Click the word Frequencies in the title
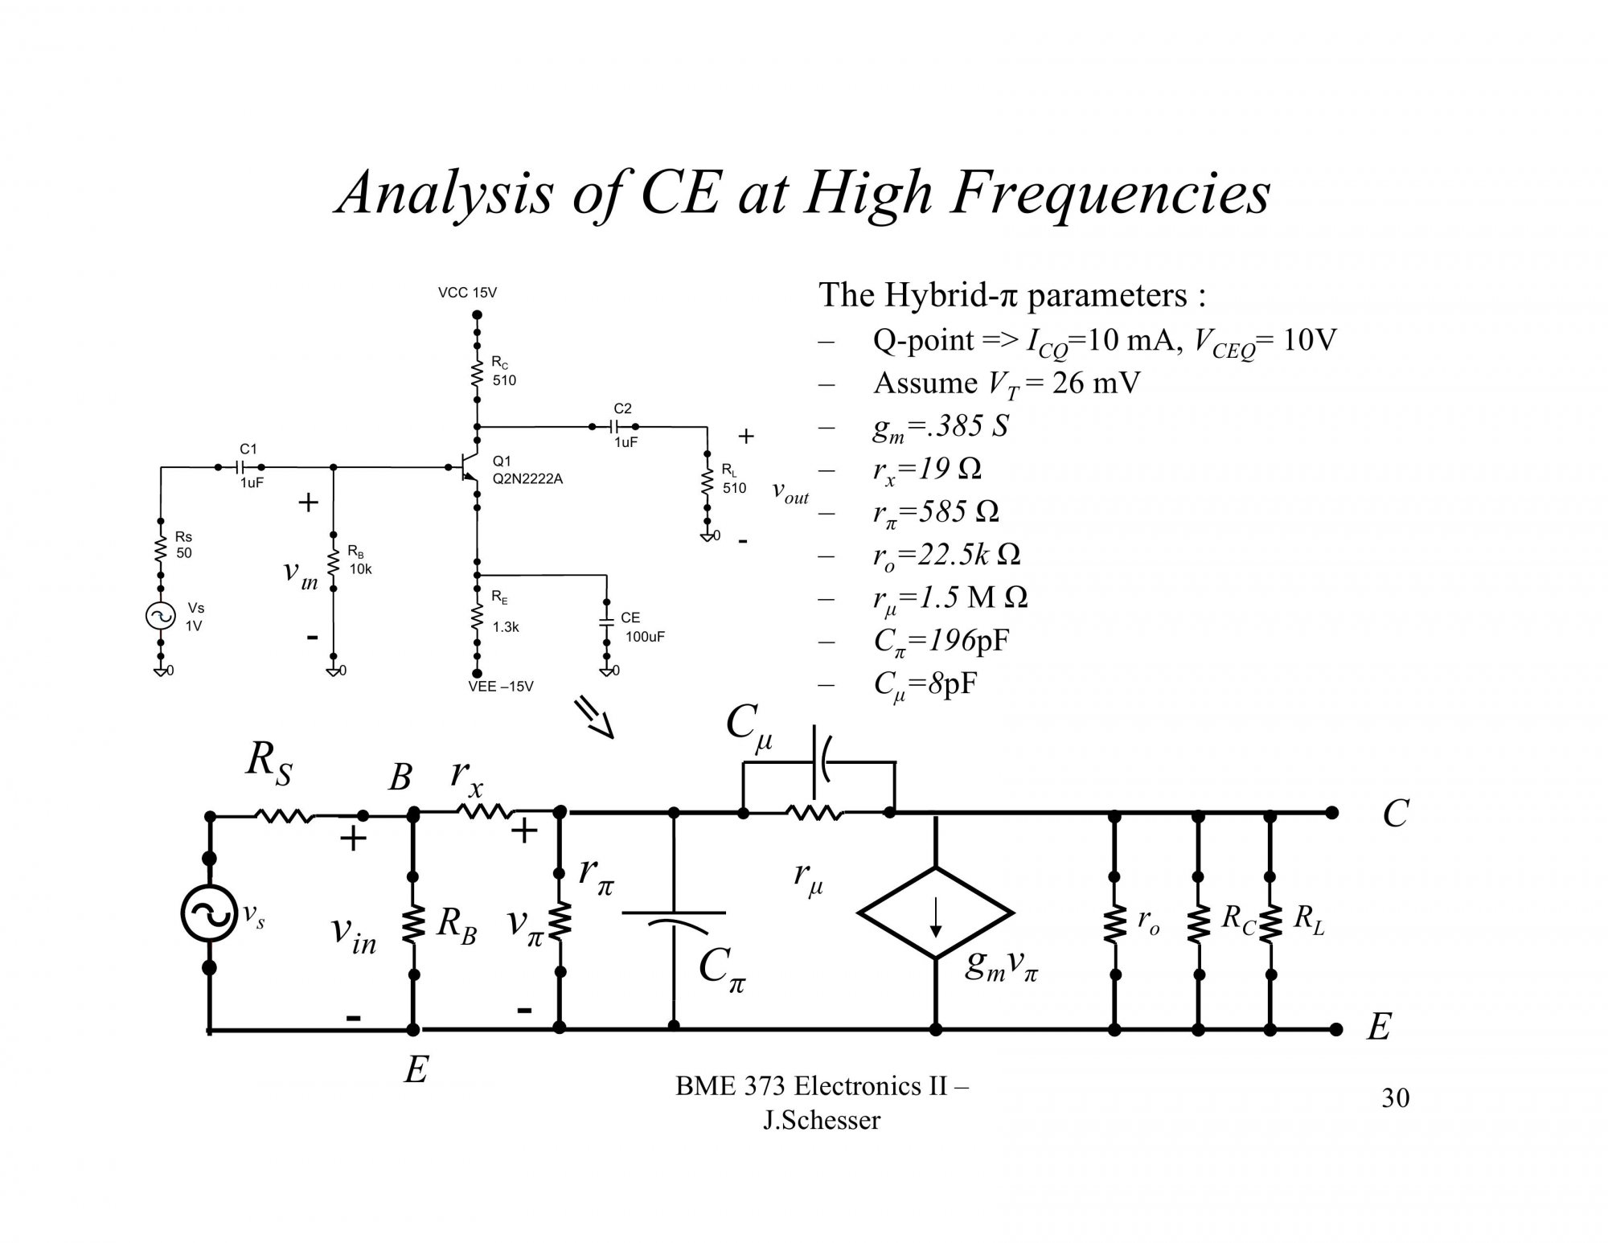(1109, 194)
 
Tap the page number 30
(1395, 1098)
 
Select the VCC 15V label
(467, 293)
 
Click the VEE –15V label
(500, 687)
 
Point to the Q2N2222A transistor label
(527, 479)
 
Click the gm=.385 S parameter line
(940, 426)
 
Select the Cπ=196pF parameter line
(941, 642)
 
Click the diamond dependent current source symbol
(936, 913)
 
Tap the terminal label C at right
(1395, 814)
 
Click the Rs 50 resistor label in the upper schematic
(184, 544)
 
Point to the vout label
(790, 492)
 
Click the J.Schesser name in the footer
(821, 1120)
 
